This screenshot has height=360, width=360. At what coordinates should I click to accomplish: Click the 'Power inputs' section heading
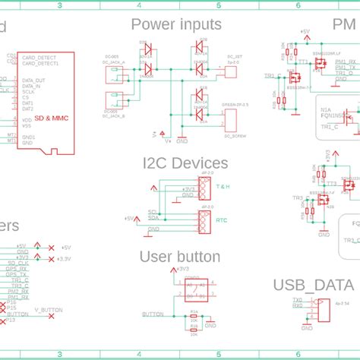[177, 25]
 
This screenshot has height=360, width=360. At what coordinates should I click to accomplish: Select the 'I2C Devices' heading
[185, 163]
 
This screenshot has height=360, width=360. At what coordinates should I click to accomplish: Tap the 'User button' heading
[180, 256]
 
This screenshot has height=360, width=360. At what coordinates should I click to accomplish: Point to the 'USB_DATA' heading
[314, 264]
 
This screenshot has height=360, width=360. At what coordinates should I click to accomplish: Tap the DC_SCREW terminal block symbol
[230, 118]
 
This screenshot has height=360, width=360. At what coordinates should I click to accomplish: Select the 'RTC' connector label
[222, 220]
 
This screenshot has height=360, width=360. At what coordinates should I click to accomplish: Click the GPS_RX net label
[17, 268]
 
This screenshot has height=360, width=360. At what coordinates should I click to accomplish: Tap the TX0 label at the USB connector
[297, 278]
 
